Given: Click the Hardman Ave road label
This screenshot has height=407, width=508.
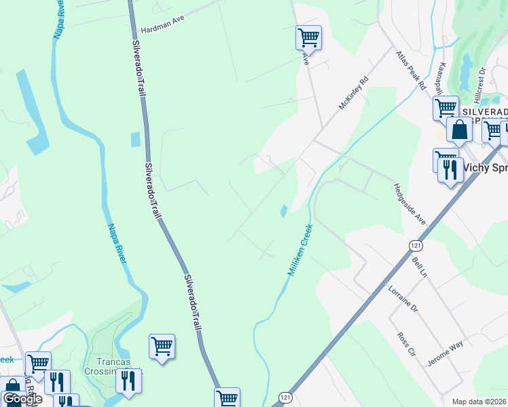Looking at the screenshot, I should click(x=163, y=31).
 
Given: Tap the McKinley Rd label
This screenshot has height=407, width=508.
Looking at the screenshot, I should click(x=354, y=93).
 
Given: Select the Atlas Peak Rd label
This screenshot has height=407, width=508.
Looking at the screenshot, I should click(x=410, y=69).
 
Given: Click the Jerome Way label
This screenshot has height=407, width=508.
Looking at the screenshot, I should click(x=446, y=353).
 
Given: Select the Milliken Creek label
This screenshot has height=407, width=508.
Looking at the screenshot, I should click(x=299, y=250).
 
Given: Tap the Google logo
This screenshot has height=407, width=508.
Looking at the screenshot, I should click(x=22, y=399).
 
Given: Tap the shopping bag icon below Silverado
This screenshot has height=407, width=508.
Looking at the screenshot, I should click(x=459, y=129).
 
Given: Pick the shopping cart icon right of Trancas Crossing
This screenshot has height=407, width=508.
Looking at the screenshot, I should click(x=162, y=347).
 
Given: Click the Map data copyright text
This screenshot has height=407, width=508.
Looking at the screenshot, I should click(x=479, y=402).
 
